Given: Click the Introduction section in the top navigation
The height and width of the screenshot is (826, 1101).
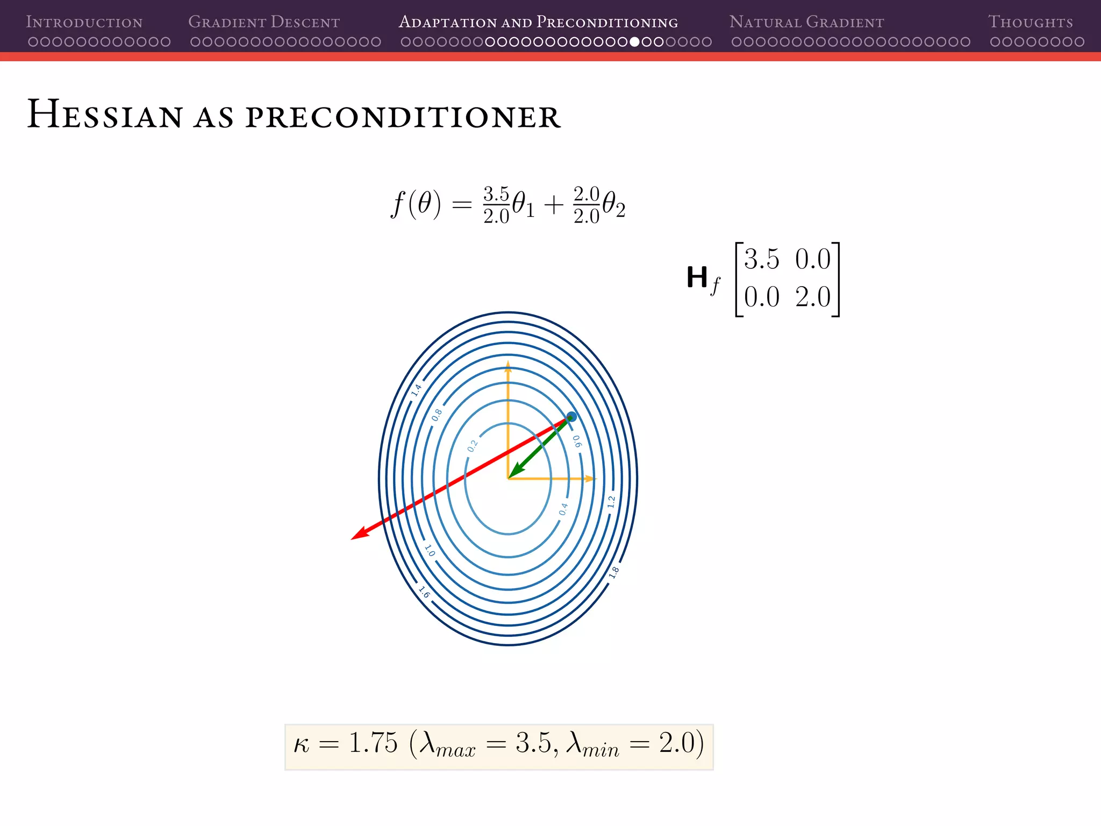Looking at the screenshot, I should pyautogui.click(x=84, y=22).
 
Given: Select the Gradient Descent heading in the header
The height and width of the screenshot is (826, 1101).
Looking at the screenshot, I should pyautogui.click(x=264, y=22).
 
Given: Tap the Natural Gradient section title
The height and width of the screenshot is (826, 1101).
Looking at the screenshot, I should pyautogui.click(x=806, y=22).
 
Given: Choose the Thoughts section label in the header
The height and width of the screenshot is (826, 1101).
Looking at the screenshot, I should pyautogui.click(x=1030, y=22).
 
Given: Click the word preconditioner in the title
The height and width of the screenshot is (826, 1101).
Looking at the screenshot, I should pyautogui.click(x=403, y=117).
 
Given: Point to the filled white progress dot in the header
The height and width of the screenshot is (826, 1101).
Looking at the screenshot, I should pyautogui.click(x=634, y=42).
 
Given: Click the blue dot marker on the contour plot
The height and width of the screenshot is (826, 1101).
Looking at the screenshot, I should pyautogui.click(x=571, y=417).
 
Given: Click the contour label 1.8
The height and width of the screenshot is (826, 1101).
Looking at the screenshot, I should pyautogui.click(x=614, y=572).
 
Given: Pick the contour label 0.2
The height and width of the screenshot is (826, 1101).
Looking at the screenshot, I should pyautogui.click(x=472, y=446).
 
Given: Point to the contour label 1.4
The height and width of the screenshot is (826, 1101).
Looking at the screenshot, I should pyautogui.click(x=416, y=390).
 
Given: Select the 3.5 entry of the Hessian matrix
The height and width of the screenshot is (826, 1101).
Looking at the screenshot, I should pyautogui.click(x=761, y=259).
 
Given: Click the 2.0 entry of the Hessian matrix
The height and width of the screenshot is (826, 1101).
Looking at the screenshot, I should pyautogui.click(x=813, y=297).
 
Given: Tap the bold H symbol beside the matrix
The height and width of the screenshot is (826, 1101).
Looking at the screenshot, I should pyautogui.click(x=697, y=278).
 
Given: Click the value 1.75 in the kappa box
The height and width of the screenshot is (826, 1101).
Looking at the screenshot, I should pyautogui.click(x=373, y=743).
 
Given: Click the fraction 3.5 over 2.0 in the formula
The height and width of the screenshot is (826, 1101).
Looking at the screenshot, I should pyautogui.click(x=496, y=205).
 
